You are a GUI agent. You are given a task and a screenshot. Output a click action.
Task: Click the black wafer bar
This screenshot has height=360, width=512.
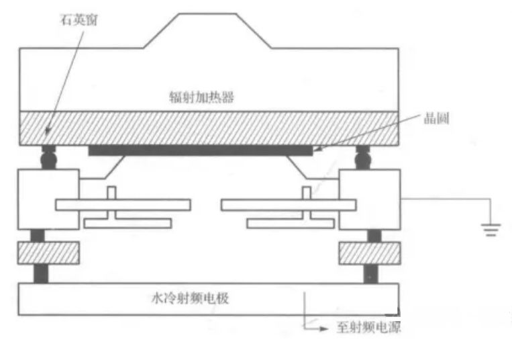click(201, 151)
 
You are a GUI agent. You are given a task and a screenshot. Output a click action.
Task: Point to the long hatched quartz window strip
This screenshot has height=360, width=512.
click(209, 128)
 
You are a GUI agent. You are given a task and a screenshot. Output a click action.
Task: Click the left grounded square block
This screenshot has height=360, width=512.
click(49, 199)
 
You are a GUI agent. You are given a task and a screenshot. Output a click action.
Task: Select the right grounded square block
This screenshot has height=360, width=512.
click(370, 199)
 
